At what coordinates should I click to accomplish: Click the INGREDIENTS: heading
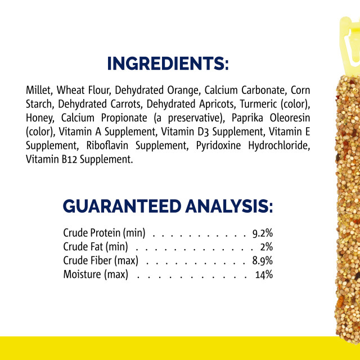coord(168,64)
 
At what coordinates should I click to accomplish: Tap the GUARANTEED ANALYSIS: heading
coord(168,206)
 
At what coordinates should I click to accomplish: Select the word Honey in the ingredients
coord(40,118)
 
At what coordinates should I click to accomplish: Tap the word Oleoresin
coord(290,118)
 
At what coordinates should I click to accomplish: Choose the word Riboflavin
coord(107,146)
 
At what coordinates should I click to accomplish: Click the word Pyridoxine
coord(218,146)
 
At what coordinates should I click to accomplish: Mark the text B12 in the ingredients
coord(70,159)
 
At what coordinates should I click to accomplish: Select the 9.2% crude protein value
coord(263,233)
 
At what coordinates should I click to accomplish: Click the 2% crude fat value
coord(267,247)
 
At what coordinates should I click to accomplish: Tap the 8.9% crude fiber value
coord(263,261)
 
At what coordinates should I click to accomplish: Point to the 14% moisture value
coord(264,274)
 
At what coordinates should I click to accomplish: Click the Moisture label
coord(83,274)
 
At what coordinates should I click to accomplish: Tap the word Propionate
coord(124,118)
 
